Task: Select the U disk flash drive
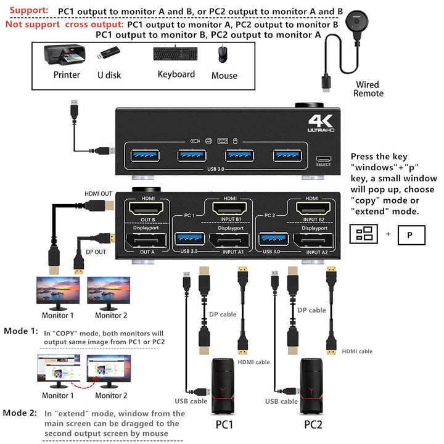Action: click(108, 54)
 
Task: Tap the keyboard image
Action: click(175, 54)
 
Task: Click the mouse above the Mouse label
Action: click(223, 55)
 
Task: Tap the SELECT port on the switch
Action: click(324, 158)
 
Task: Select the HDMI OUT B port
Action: click(148, 210)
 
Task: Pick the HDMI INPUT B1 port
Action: click(231, 210)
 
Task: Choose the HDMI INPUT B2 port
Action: click(314, 210)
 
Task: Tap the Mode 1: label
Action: click(21, 331)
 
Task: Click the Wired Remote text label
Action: click(368, 89)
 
